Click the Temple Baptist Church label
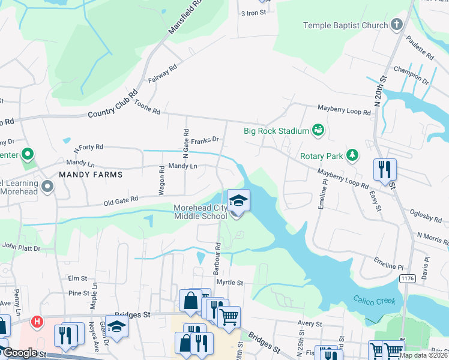[x=345, y=25]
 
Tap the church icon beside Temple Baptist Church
[x=396, y=25]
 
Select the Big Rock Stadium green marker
[x=318, y=130]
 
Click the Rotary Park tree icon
[x=353, y=156]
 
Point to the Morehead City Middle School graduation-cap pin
[x=238, y=200]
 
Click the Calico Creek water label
[x=375, y=300]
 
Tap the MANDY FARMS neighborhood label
[x=91, y=175]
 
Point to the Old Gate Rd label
[x=120, y=199]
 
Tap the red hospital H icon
[x=38, y=322]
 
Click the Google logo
[x=20, y=353]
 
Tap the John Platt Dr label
[x=21, y=247]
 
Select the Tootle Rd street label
[x=147, y=108]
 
